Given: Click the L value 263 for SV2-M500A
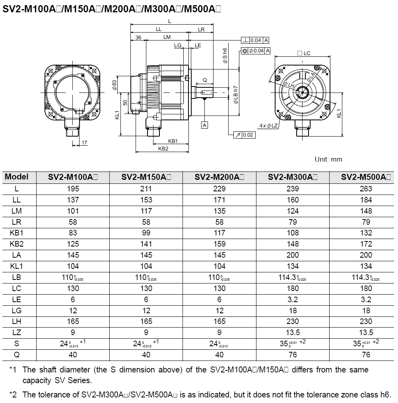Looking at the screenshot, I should [x=366, y=189].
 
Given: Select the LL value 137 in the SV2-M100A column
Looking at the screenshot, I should [x=73, y=200].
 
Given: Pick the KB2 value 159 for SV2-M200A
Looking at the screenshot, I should [x=219, y=244].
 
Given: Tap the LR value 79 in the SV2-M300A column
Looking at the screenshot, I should [x=293, y=222].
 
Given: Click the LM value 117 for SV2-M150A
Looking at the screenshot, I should [x=146, y=211].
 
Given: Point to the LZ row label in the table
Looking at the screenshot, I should [x=17, y=332].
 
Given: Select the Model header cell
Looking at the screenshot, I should [x=17, y=177].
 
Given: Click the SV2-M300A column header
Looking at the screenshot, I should [x=293, y=177].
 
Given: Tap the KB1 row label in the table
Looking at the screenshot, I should [x=17, y=233].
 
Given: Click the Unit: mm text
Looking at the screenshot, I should [x=328, y=159].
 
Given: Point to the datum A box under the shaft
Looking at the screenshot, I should [x=205, y=125].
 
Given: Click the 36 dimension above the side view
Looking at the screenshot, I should [x=138, y=37].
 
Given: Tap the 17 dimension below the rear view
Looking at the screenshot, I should [x=84, y=142].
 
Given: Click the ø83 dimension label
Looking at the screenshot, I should [x=114, y=85].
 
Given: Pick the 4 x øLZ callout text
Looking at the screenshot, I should [x=268, y=125].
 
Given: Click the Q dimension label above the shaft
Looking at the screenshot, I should [x=205, y=80].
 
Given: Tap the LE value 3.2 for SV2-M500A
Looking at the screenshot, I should [x=366, y=299].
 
